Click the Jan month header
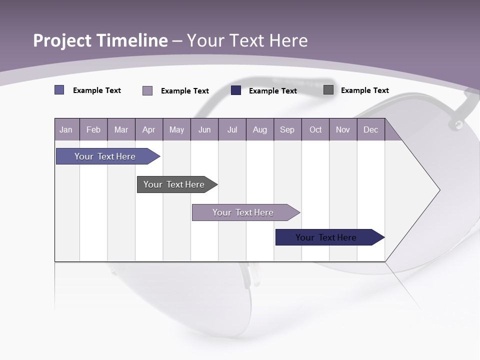(66, 130)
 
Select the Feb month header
(93, 130)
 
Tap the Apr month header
(148, 130)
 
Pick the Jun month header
(204, 130)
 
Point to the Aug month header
(259, 130)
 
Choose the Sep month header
(287, 130)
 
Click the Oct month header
(315, 130)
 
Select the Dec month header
(370, 130)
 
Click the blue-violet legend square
(59, 90)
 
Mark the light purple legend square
(147, 90)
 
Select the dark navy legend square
(236, 90)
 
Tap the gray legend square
(328, 90)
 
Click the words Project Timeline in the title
(100, 40)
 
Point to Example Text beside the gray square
(364, 90)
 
